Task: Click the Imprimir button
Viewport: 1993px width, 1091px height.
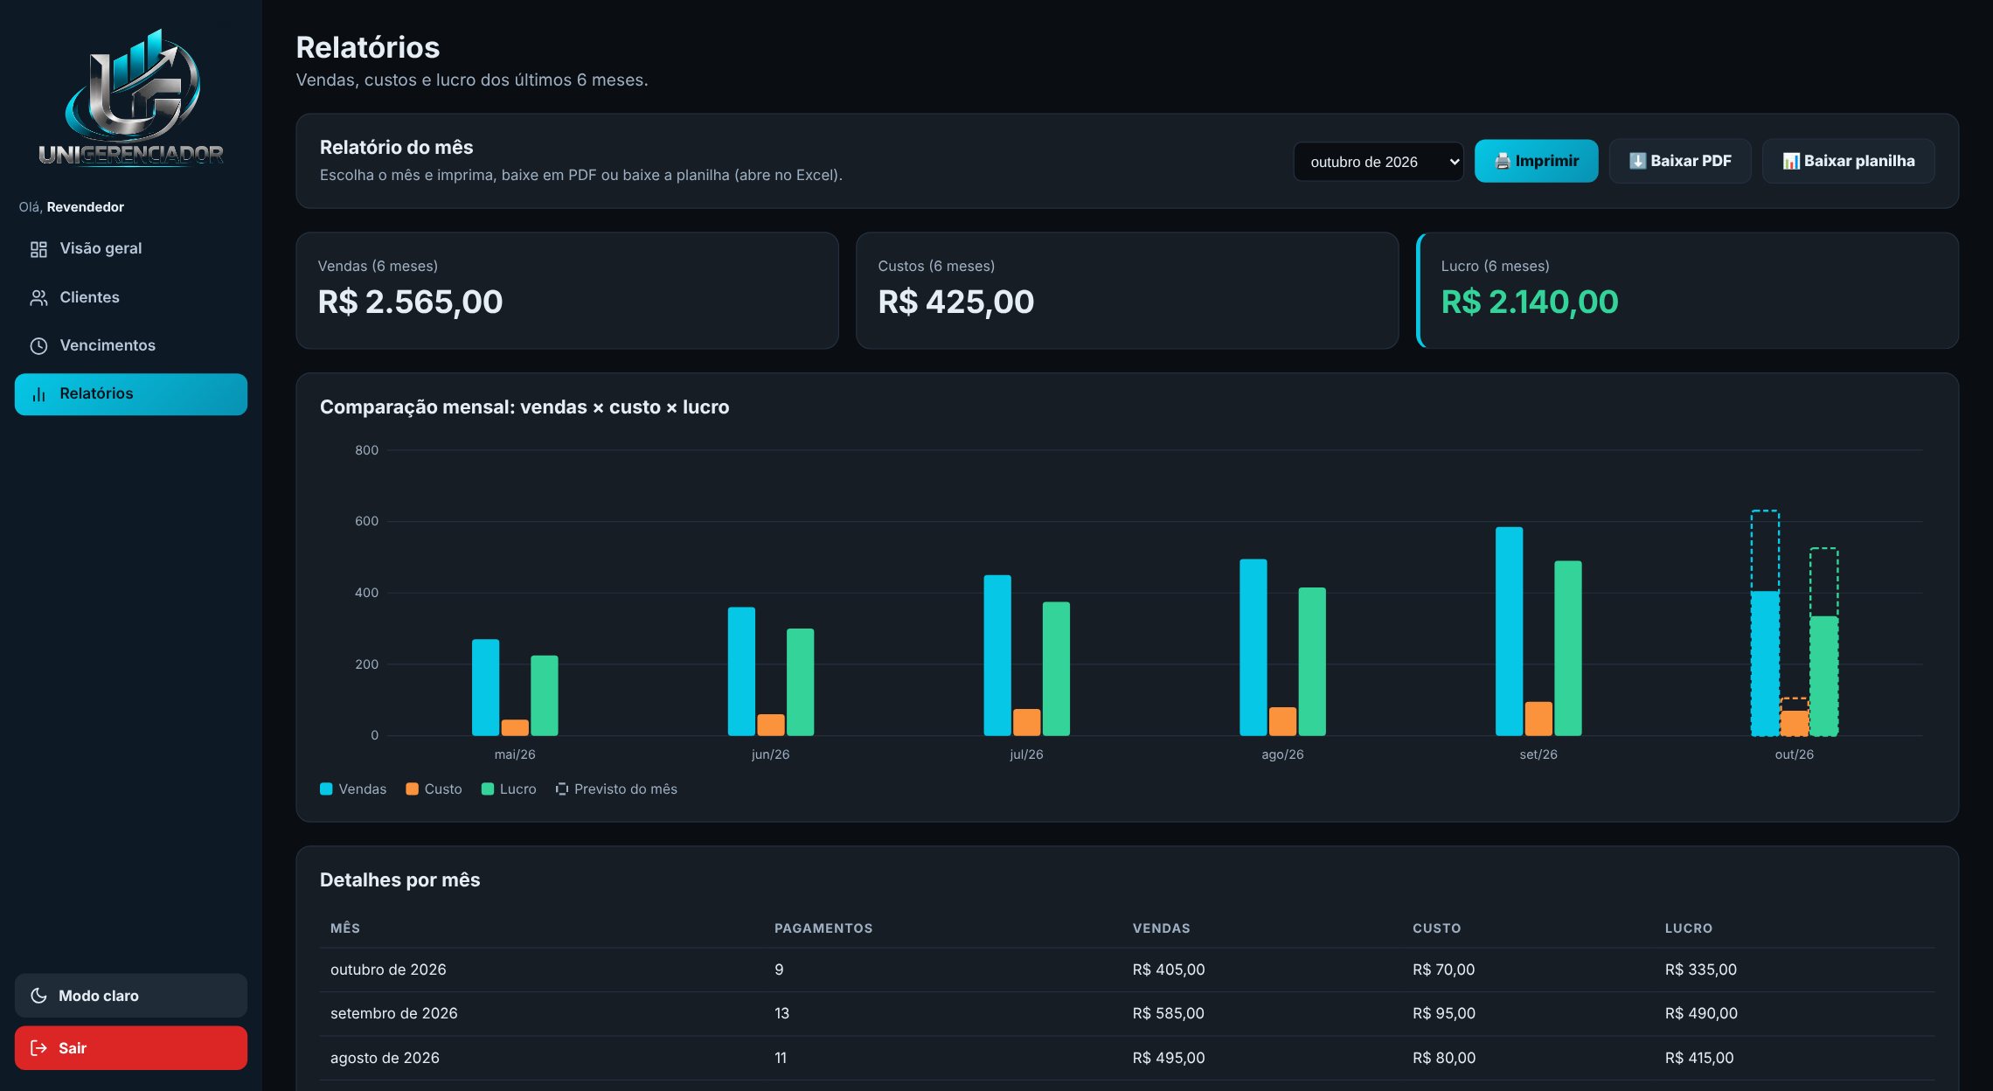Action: coord(1536,161)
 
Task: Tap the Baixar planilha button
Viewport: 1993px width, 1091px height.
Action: coord(1848,161)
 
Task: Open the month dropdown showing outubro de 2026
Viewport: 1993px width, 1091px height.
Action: coord(1378,162)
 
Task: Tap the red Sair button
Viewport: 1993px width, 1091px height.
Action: coord(131,1048)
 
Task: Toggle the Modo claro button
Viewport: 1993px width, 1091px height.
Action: coord(131,996)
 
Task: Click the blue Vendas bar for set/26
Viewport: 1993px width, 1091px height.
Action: coord(1509,631)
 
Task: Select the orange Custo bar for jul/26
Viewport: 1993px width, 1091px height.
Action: coord(1026,722)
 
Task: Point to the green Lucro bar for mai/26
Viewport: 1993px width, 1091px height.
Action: coord(544,695)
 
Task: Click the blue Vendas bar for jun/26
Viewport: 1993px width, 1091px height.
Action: coord(741,671)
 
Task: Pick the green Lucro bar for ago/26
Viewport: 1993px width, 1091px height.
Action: coord(1312,662)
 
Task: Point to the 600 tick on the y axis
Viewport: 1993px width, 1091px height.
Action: coord(366,521)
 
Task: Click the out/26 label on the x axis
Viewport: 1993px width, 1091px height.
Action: coord(1794,754)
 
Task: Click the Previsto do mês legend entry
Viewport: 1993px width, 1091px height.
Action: coord(616,789)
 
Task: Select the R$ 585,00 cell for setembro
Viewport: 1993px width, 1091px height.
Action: coord(1168,1013)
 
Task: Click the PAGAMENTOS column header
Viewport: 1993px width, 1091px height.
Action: coord(823,928)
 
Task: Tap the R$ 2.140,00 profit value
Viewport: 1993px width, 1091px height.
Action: coord(1530,302)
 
